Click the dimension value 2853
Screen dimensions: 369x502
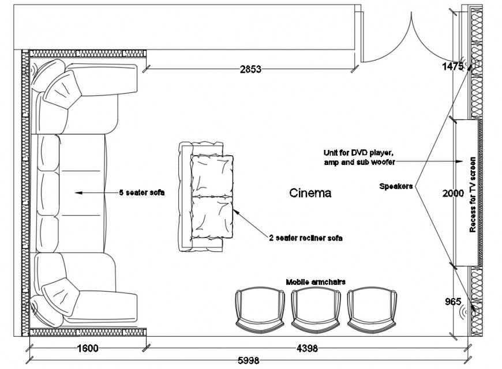pyautogui.click(x=251, y=69)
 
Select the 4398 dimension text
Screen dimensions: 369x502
pyautogui.click(x=307, y=348)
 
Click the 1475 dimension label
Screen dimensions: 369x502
pyautogui.click(x=452, y=66)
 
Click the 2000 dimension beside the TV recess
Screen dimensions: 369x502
pyautogui.click(x=454, y=194)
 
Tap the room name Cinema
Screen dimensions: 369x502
pyautogui.click(x=310, y=193)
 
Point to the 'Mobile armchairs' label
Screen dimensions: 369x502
pyautogui.click(x=316, y=281)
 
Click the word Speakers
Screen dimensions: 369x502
pyautogui.click(x=396, y=186)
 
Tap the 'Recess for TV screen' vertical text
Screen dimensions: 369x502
pyautogui.click(x=472, y=194)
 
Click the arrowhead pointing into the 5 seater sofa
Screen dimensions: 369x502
pyautogui.click(x=78, y=193)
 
